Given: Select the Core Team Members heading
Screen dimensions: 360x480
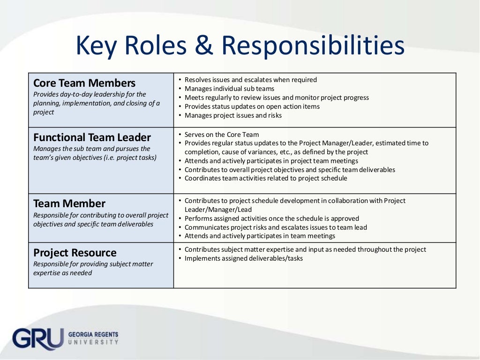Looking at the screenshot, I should point(84,83).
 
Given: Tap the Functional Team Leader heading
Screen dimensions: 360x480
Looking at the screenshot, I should point(92,137).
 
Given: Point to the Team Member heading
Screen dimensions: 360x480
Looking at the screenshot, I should point(69,203).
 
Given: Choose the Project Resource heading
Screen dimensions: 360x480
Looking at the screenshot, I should point(75,253).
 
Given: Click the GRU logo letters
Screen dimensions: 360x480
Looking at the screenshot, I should point(37,338).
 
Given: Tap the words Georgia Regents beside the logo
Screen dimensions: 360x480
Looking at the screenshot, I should point(93,335).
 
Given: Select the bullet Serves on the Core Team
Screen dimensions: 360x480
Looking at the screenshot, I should point(222,135).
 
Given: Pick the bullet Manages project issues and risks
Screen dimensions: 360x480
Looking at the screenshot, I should point(233,115).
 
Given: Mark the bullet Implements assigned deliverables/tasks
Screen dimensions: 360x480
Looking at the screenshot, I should point(244,258).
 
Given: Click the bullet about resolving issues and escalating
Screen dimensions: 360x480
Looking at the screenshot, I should point(251,80).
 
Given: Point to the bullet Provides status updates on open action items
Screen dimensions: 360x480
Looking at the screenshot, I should point(252,106).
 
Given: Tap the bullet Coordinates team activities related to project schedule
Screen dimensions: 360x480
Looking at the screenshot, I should point(266,178).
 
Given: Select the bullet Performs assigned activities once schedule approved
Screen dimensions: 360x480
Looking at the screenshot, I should point(272,218).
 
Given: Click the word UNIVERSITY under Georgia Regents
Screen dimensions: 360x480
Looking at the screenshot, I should point(93,342).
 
